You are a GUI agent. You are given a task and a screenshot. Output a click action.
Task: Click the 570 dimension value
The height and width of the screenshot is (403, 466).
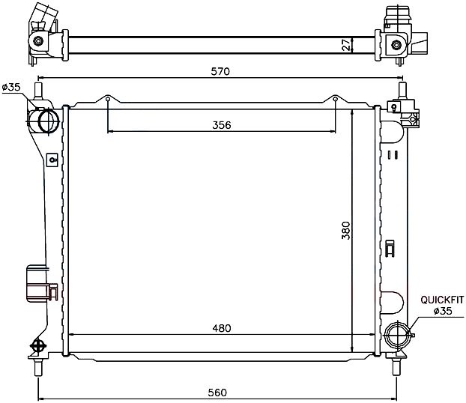(220, 71)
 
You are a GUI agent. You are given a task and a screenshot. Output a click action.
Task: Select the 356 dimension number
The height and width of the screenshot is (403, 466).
(222, 125)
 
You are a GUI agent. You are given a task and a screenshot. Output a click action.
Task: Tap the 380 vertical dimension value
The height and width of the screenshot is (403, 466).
(346, 230)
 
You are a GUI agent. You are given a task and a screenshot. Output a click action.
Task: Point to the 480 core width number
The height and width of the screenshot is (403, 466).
(222, 328)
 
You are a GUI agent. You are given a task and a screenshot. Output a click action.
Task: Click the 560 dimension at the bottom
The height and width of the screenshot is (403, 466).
(217, 393)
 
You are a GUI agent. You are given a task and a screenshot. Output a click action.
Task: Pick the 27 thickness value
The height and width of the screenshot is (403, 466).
(345, 45)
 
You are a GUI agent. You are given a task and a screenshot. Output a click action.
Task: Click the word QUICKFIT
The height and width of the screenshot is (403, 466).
(442, 300)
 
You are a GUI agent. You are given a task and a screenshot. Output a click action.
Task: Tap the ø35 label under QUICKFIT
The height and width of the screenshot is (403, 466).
(443, 311)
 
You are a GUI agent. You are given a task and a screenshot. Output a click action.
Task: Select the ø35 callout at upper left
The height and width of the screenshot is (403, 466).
(11, 87)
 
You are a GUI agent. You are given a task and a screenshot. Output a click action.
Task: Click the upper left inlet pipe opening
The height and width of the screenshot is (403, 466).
(49, 121)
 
